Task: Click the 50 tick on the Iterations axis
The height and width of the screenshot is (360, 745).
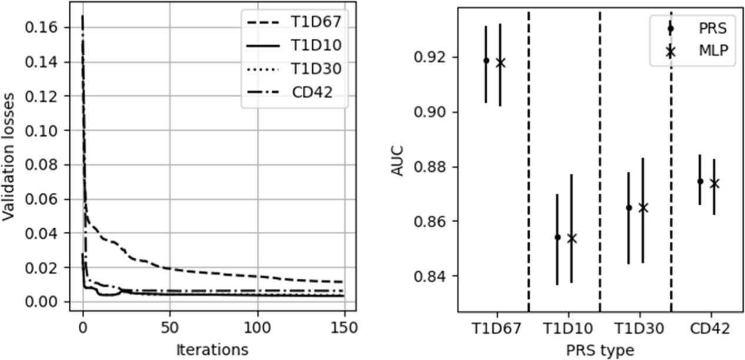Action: [170, 326]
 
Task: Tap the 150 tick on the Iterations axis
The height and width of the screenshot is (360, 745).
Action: [345, 326]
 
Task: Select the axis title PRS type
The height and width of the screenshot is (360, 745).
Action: [600, 350]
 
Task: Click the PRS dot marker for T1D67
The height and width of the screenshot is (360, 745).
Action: [486, 60]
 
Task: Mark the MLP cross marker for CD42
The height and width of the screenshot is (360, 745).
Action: [714, 184]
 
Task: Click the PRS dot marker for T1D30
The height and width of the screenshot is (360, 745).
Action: [629, 208]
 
